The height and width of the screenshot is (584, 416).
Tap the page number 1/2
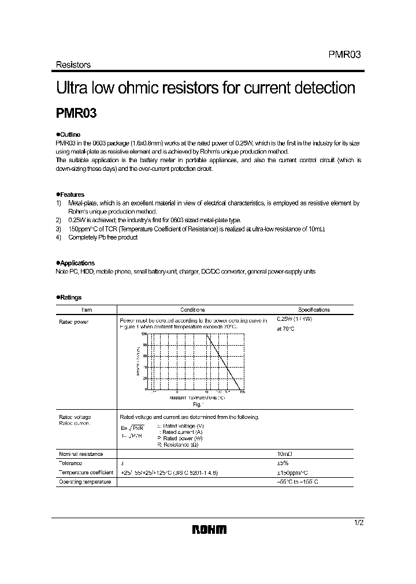coord(359,522)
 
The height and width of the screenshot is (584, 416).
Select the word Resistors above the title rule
coord(73,65)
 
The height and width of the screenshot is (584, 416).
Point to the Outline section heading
coord(69,134)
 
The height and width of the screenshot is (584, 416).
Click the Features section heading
coord(70,194)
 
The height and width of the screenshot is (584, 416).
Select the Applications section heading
coord(76,263)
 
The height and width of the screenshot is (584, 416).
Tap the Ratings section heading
coord(69,297)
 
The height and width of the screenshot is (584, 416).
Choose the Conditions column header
coord(192,310)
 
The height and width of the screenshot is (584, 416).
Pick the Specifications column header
coord(314,310)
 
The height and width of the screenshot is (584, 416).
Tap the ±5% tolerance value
coord(283,463)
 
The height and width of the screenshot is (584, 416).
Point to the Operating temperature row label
coord(85,481)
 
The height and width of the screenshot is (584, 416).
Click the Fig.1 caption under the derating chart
coord(192,405)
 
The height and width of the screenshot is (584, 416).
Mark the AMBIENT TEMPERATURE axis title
coord(196,398)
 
